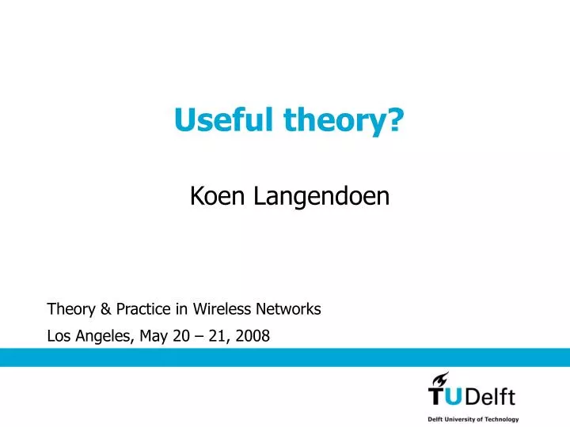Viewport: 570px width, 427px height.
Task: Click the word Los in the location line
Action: pos(59,336)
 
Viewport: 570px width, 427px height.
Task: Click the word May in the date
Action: pos(153,337)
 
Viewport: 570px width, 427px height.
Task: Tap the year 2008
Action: pos(253,336)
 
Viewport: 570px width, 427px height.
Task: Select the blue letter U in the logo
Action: pos(462,395)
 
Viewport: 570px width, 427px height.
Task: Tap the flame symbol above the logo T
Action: pos(441,379)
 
